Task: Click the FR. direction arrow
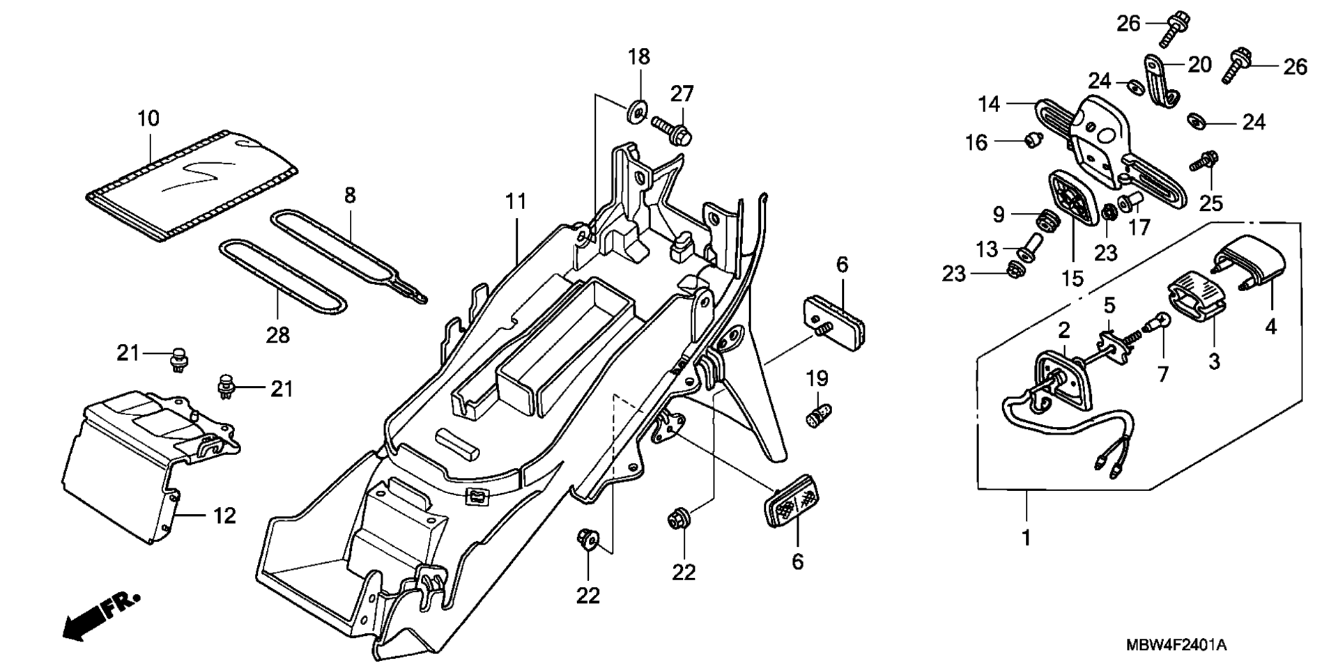click(101, 617)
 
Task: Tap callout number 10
click(148, 118)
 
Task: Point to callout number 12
click(224, 516)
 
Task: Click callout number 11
click(516, 202)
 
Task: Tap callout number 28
click(277, 336)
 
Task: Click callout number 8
click(350, 196)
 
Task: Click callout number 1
click(1026, 538)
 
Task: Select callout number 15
click(1072, 279)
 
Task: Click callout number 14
click(989, 104)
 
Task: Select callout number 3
click(1214, 361)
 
